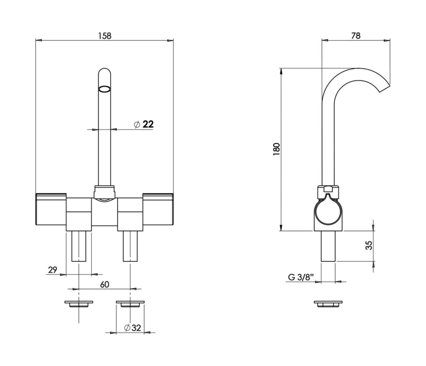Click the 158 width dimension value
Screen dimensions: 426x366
point(105,35)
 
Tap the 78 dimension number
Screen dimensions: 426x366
point(356,35)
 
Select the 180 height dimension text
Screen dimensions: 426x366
point(276,149)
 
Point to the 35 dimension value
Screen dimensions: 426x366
point(369,245)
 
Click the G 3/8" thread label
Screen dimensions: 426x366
point(301,277)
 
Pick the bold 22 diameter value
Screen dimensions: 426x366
point(148,124)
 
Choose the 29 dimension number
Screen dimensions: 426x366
point(53,270)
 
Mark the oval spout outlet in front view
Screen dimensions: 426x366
point(105,89)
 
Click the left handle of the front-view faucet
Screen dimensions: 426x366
point(51,209)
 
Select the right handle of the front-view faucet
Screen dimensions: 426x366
point(158,209)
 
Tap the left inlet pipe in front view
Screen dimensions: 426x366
point(79,246)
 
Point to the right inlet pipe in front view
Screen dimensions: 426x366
point(130,246)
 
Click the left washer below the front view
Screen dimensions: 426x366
point(79,304)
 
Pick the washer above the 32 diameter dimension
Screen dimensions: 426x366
point(130,304)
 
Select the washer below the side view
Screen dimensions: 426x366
point(328,304)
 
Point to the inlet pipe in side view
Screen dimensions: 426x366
point(328,246)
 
